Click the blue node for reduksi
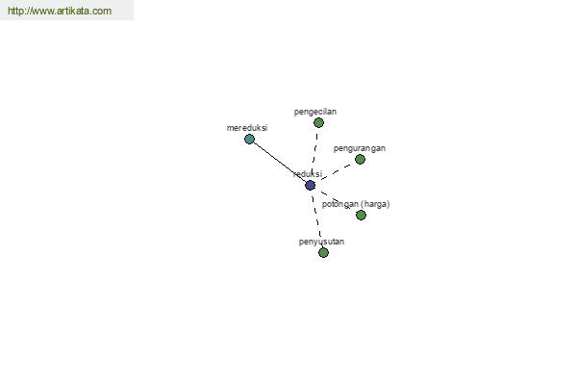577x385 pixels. tap(311, 186)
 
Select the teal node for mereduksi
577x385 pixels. tap(249, 140)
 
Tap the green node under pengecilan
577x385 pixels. tap(318, 122)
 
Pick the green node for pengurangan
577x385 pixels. tap(360, 159)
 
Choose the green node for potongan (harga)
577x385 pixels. tap(361, 215)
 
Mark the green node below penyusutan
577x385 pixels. tap(323, 253)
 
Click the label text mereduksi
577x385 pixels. tap(247, 128)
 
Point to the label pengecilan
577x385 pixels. tap(315, 112)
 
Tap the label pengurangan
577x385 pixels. tap(360, 148)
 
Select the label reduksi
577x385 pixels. tap(308, 174)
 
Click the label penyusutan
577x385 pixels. tap(321, 242)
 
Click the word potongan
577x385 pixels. tap(340, 204)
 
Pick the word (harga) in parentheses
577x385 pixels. tap(375, 204)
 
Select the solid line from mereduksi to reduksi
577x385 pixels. tap(280, 162)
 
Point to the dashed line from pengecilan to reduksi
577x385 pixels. tap(314, 154)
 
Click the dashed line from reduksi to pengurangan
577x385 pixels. tap(336, 172)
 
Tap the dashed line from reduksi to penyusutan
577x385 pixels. tap(316, 218)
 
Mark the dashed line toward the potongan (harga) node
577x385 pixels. tap(336, 200)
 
